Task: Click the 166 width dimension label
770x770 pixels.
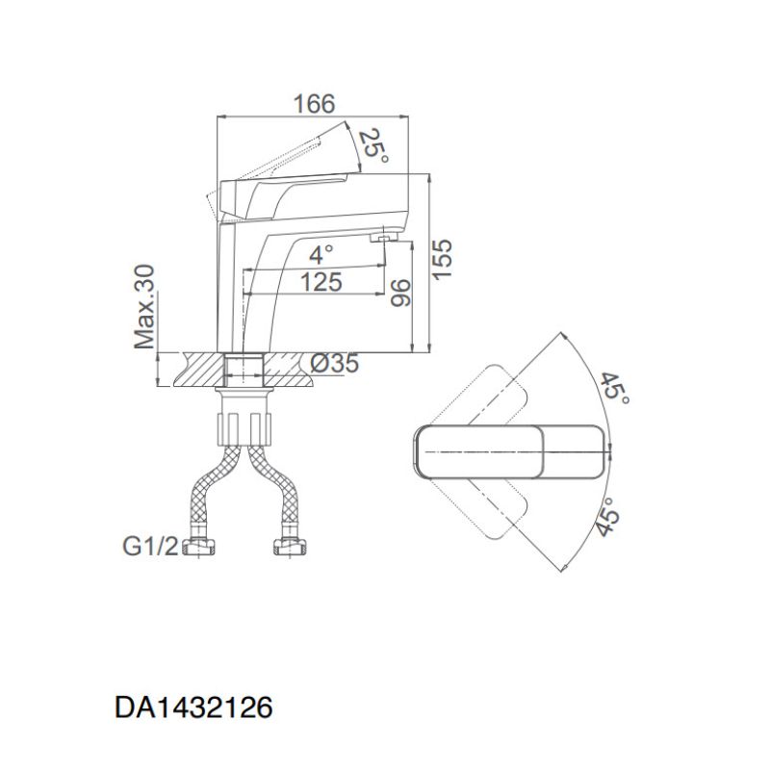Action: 314,103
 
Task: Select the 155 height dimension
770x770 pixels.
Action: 442,260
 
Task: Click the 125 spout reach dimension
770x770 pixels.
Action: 321,282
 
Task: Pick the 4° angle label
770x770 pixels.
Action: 321,255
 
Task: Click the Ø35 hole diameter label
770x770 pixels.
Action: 336,364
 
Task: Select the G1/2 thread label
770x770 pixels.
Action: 149,548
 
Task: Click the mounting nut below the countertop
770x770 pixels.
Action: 246,423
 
